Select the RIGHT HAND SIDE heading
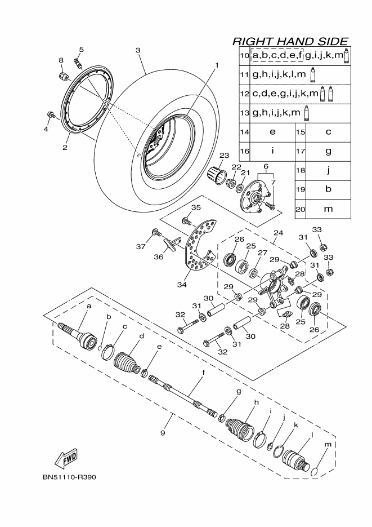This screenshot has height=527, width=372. pos(290,41)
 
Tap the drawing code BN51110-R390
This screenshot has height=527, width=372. pos(69,477)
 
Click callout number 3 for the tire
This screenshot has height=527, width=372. pos(138,50)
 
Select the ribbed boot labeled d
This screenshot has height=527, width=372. pos(127,362)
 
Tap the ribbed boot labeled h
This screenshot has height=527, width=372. pos(240,429)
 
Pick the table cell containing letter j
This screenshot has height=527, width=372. pos(328,170)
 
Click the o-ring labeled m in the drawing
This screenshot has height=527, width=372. pos(314,472)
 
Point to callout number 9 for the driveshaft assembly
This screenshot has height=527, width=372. pos(163,433)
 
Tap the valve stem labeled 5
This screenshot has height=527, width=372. pos(78,63)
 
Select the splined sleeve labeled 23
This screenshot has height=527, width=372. pos(217,175)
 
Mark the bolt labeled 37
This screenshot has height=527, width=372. pos(156,232)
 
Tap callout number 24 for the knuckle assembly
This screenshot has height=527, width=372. pos(278,233)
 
